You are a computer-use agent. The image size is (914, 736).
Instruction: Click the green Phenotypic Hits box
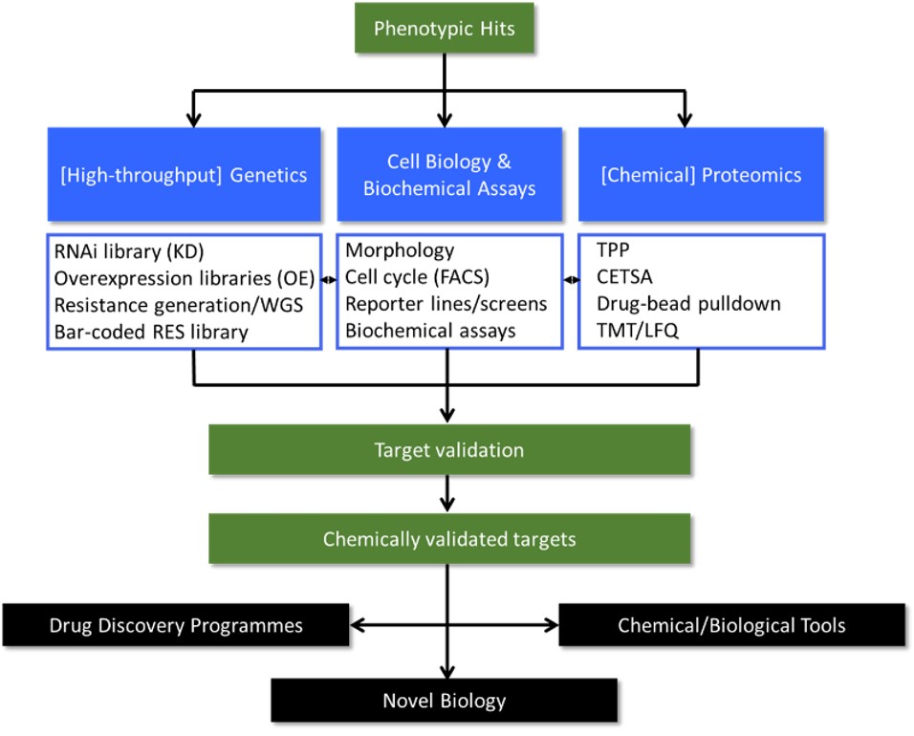[444, 28]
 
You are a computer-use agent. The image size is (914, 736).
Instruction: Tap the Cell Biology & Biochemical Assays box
[448, 174]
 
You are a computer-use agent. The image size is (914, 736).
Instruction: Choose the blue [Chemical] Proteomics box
[702, 174]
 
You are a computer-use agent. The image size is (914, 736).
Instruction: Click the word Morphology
[402, 251]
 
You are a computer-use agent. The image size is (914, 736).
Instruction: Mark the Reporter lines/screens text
[446, 305]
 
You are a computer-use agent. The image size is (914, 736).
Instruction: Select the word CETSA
[624, 278]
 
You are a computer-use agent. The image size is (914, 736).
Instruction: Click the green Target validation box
[448, 449]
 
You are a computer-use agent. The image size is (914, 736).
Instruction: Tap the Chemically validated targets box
[448, 539]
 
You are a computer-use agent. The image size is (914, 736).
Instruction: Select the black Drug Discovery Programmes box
[175, 626]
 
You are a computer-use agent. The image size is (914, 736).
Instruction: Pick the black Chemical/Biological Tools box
[731, 626]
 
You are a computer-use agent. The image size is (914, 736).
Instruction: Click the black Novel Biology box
[444, 701]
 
